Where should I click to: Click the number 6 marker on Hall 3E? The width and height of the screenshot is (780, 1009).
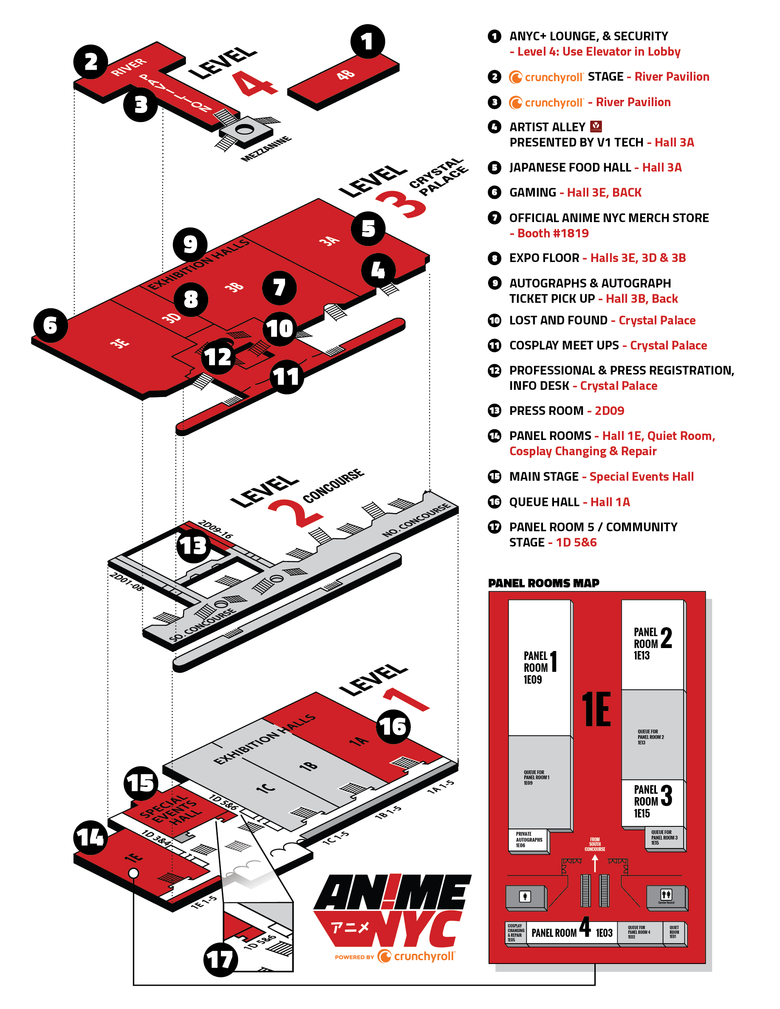[x=51, y=326]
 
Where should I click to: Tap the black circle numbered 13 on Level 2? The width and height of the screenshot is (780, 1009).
[x=194, y=546]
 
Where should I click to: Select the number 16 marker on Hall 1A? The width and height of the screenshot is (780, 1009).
[x=393, y=727]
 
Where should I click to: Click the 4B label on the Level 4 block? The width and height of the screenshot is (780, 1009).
[x=346, y=75]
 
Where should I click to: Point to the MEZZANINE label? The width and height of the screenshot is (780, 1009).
[x=266, y=149]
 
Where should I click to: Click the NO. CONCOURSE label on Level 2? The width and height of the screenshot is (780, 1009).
[x=416, y=520]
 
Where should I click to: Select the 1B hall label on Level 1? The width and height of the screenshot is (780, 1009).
[x=308, y=766]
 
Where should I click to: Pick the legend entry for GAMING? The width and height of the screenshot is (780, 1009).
[x=575, y=193]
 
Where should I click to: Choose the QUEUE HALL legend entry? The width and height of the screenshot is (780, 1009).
[x=569, y=502]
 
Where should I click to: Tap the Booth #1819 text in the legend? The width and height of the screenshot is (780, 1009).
[x=553, y=233]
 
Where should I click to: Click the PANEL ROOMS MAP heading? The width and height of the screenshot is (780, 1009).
[x=543, y=583]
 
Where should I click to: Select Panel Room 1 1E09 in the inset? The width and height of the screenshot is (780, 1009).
[x=539, y=667]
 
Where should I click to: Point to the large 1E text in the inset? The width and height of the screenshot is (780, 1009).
[x=596, y=710]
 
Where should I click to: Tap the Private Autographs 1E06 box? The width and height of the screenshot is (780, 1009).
[x=528, y=840]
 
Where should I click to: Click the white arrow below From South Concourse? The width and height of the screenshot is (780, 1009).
[x=595, y=863]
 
